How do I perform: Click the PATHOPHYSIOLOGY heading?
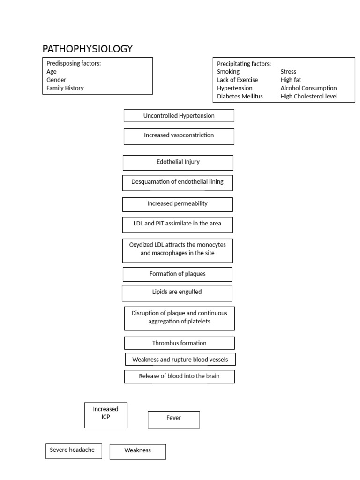[x=88, y=49]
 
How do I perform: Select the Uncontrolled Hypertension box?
[x=179, y=116]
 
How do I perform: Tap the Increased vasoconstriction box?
[x=179, y=136]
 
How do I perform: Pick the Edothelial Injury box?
[x=178, y=163]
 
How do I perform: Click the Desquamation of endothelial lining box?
[x=178, y=183]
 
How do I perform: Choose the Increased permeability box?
[x=178, y=204]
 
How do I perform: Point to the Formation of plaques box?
[x=178, y=274]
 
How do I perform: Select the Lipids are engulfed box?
[x=177, y=293]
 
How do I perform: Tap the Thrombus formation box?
[x=180, y=343]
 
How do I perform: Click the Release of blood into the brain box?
[x=180, y=376]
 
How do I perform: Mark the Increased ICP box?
[x=106, y=415]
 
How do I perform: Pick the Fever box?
[x=174, y=420]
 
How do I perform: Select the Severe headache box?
[x=74, y=451]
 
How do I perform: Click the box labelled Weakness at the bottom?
[x=138, y=452]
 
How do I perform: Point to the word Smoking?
[x=228, y=72]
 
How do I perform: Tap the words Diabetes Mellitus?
[x=240, y=97]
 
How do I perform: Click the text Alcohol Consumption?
[x=308, y=88]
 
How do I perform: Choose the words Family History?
[x=65, y=88]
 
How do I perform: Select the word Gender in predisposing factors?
[x=56, y=80]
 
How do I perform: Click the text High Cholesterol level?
[x=309, y=97]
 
